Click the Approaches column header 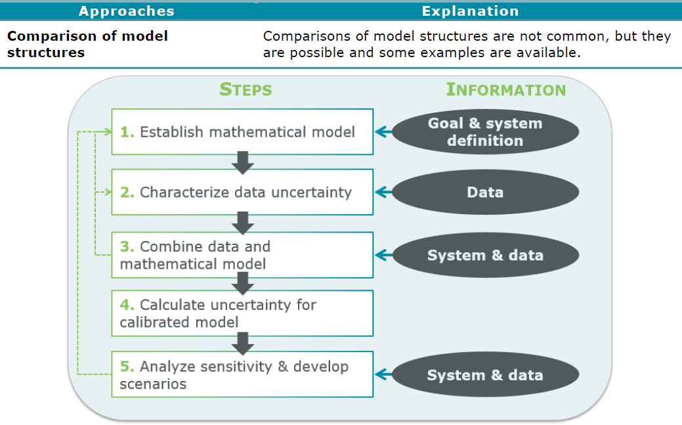pos(127,11)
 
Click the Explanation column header pos(470,11)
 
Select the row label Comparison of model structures pos(87,44)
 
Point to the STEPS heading pos(245,89)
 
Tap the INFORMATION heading pos(505,89)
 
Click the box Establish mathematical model pos(242,132)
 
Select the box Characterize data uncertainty pos(242,192)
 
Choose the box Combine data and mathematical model pos(242,255)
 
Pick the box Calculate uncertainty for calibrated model pos(242,313)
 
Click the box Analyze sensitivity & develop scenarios pos(242,374)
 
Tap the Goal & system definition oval pos(485,132)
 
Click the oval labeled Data pos(485,192)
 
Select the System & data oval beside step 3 pos(485,256)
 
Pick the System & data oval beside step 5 pos(485,375)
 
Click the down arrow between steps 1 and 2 pos(243,162)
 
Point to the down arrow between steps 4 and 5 pos(243,344)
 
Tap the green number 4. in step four pos(127,305)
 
